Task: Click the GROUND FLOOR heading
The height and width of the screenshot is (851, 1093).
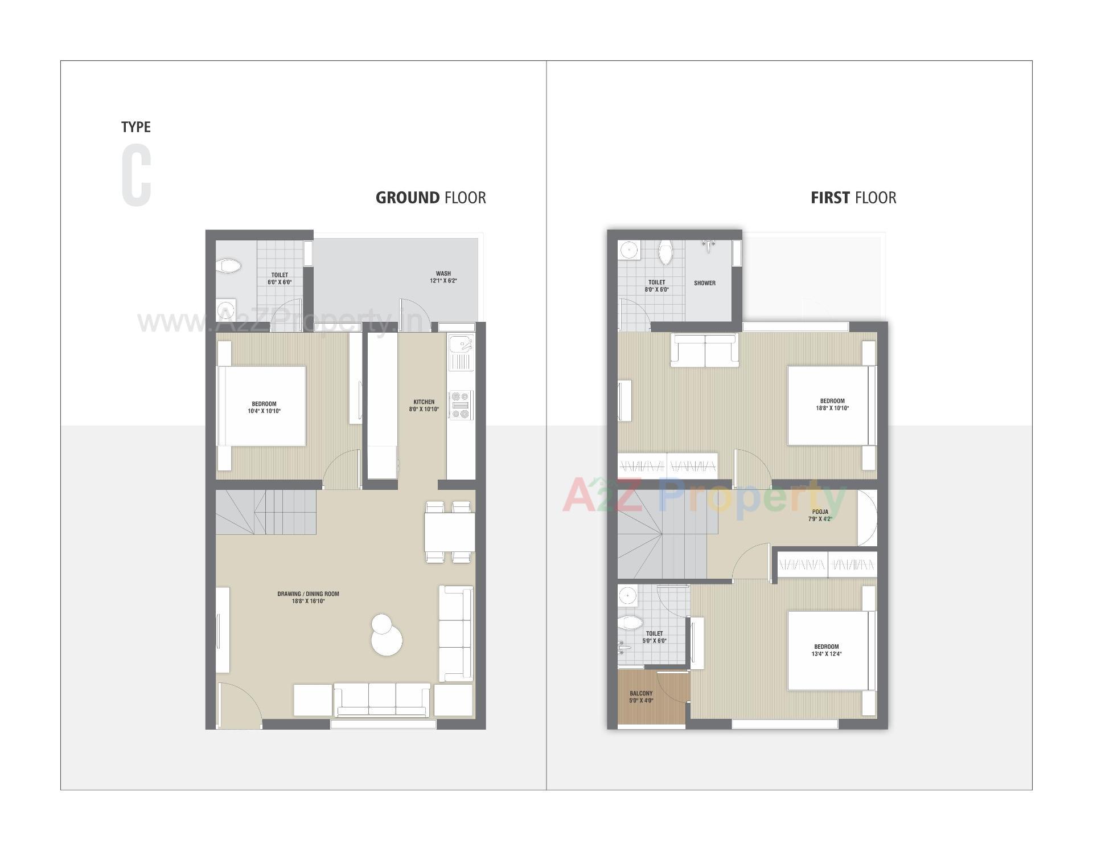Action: coord(430,198)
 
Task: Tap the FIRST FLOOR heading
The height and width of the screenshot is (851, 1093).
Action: coord(853,198)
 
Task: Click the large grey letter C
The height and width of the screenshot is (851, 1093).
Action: coord(137,175)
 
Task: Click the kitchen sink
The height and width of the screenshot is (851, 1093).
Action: coord(460,345)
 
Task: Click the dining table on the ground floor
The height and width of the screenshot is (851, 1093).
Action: coord(449,531)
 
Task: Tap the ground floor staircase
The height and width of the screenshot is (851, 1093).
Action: coord(266,512)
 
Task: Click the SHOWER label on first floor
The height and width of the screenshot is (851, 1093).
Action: coord(705,283)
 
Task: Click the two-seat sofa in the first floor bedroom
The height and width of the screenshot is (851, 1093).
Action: coord(705,350)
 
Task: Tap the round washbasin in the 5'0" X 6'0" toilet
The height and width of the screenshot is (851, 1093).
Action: coord(627,595)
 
